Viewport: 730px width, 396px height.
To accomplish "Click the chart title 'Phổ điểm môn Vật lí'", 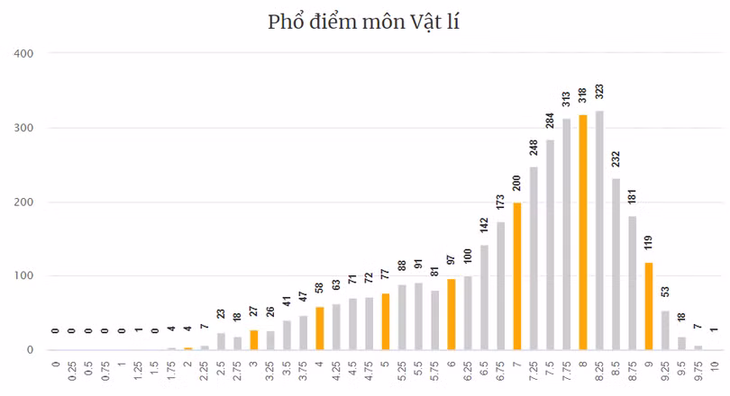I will (365, 21).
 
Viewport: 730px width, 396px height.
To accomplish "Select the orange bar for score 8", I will (583, 232).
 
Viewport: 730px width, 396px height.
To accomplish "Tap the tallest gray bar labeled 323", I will (599, 230).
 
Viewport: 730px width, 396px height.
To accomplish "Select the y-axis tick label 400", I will (23, 53).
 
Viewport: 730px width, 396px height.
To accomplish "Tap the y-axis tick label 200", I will (23, 202).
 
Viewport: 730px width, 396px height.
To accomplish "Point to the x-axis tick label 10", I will (715, 366).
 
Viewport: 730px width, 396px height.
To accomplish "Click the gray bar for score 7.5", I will (550, 245).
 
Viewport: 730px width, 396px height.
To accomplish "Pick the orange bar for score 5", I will (386, 321).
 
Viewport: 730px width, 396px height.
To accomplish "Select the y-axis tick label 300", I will (23, 128).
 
